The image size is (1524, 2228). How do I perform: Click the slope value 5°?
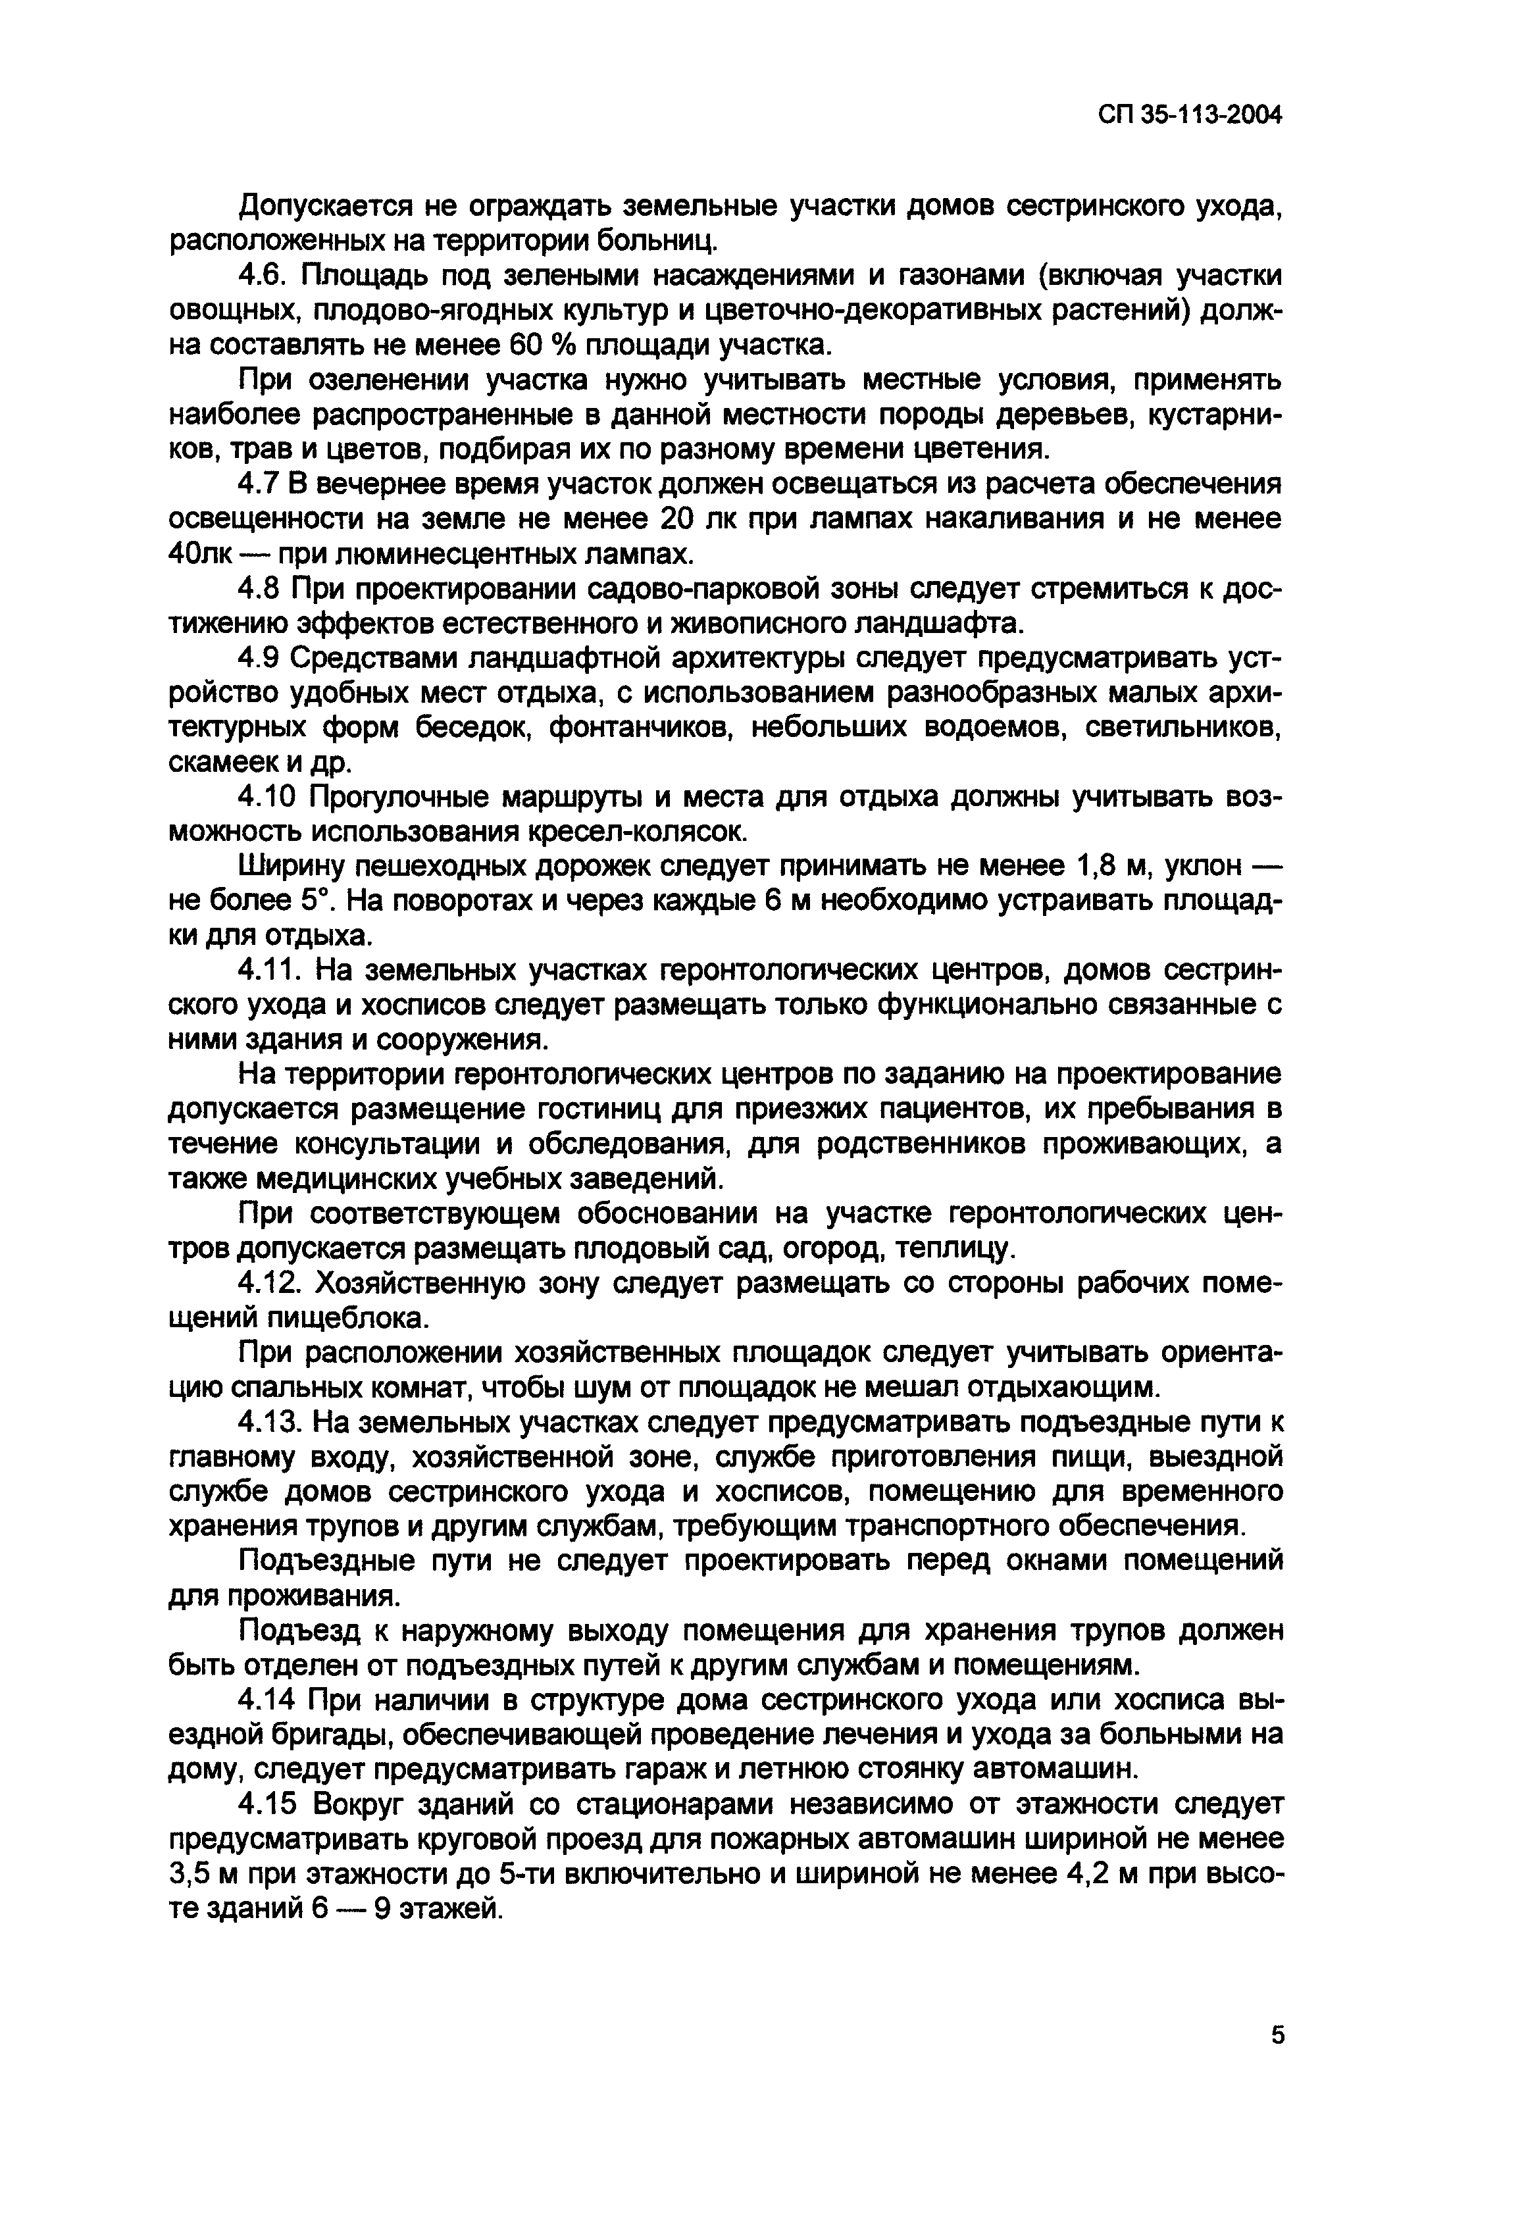[307, 901]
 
